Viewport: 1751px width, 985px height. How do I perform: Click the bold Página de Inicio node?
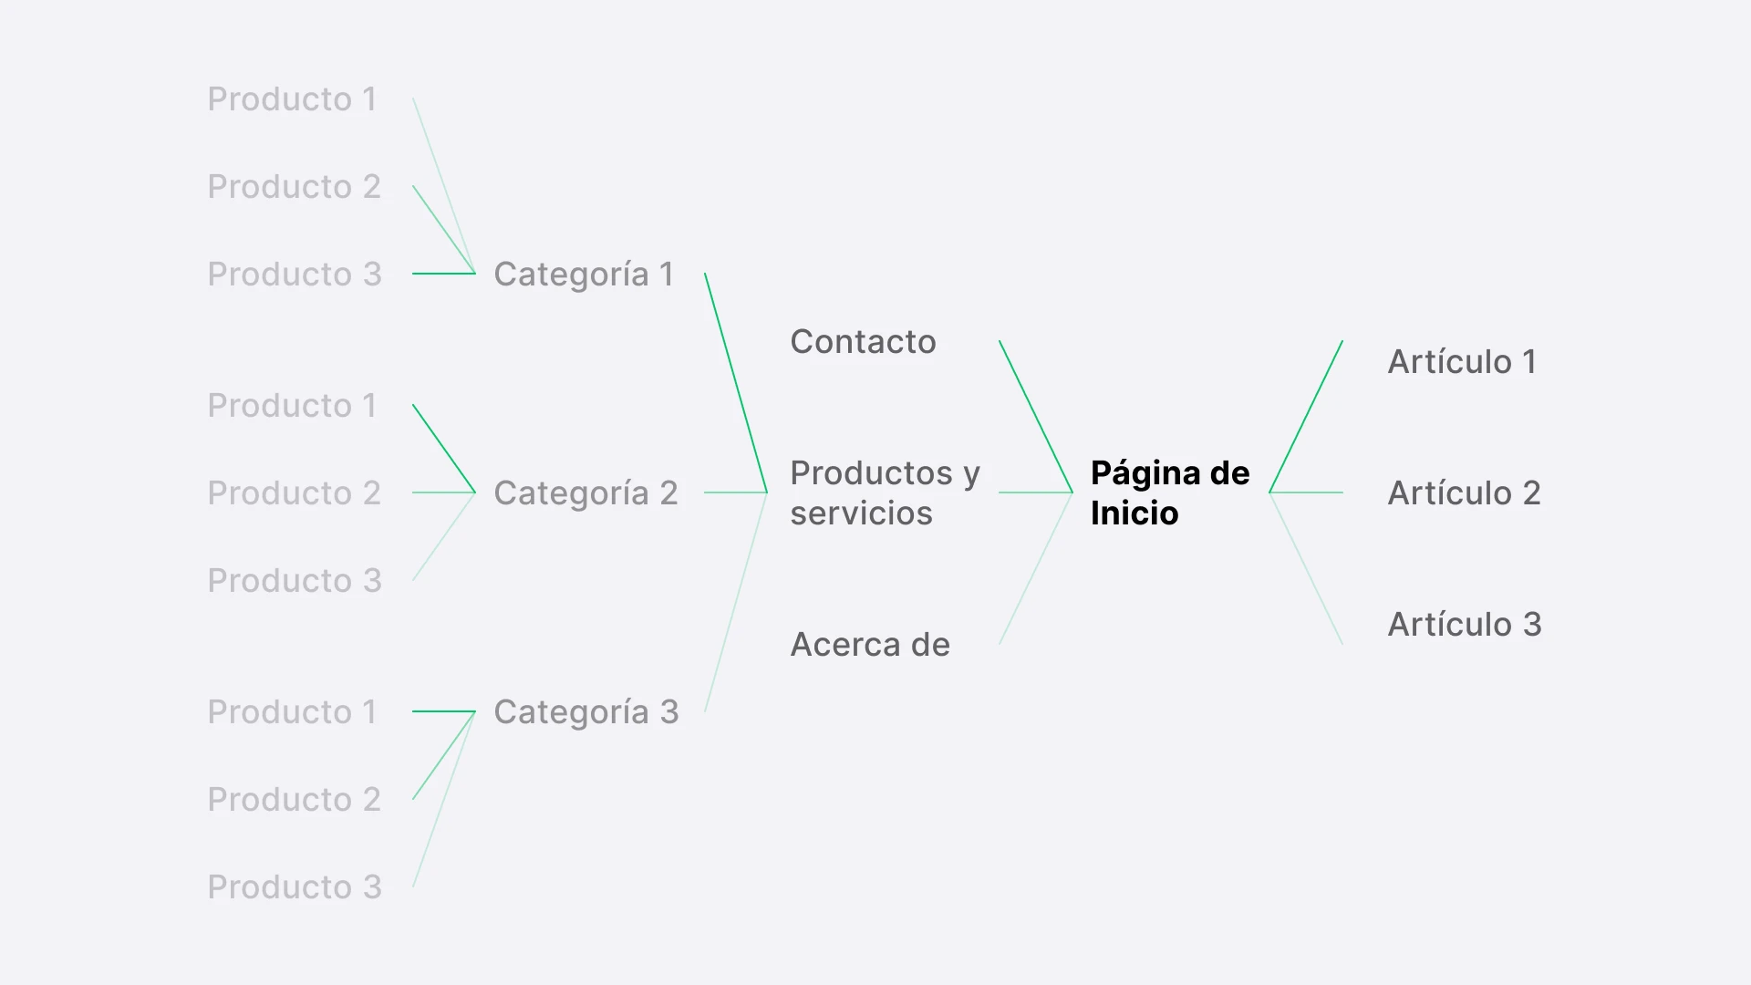click(1169, 493)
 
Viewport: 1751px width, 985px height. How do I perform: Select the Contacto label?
click(863, 342)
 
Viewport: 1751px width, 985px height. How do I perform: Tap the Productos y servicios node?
click(884, 493)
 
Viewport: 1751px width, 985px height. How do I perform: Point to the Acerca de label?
click(869, 645)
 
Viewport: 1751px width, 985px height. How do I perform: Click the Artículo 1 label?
click(1461, 362)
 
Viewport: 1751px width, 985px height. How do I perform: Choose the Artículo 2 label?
click(1463, 493)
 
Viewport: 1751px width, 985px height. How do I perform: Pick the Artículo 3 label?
click(1464, 625)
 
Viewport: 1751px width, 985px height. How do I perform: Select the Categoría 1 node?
click(583, 275)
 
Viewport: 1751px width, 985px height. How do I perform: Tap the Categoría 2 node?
click(585, 493)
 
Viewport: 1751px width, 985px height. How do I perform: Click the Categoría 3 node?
click(585, 712)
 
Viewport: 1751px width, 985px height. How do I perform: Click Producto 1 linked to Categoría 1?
click(292, 99)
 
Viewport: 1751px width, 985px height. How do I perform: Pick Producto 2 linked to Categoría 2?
click(294, 493)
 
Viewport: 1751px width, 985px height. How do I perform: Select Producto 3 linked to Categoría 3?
click(294, 887)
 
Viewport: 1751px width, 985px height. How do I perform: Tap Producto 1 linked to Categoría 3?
click(292, 712)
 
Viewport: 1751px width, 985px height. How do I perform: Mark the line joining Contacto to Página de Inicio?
click(1035, 416)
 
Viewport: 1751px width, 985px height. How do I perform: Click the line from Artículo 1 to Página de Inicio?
click(1306, 416)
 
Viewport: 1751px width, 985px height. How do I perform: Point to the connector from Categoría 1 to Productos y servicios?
click(736, 383)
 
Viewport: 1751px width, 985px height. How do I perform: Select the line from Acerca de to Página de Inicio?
click(1035, 569)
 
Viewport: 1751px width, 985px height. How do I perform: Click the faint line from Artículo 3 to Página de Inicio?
click(1306, 569)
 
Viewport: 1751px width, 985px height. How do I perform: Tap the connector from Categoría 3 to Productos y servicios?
click(736, 602)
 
